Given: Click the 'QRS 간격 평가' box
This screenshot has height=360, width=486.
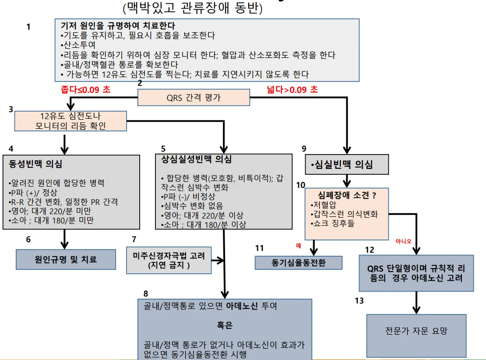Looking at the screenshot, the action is coord(194,98).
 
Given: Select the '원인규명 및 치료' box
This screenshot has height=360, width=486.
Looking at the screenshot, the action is coord(66,259).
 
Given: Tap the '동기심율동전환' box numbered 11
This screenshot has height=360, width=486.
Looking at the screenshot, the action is coord(299,263).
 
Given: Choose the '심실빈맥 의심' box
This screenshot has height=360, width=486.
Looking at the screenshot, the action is coord(347,165).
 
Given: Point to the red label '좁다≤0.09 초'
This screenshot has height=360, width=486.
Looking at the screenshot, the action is coord(86,89).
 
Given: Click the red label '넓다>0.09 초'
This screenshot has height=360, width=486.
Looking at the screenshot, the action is coord(292,89).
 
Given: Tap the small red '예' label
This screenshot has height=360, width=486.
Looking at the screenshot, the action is coord(299,246).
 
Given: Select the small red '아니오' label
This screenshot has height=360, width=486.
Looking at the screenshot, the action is coord(403,241).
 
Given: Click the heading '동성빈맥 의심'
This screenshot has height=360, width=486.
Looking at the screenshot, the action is coord(35,165).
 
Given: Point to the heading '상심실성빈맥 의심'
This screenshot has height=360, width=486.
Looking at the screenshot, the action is coord(197,159).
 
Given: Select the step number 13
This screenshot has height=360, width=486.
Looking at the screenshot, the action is coord(359,301).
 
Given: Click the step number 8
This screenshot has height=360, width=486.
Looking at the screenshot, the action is coord(146,293).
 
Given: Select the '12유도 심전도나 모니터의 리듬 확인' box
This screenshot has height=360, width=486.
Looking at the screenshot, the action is coord(70,121).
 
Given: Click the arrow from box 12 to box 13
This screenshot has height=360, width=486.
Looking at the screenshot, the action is coord(416,302).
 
